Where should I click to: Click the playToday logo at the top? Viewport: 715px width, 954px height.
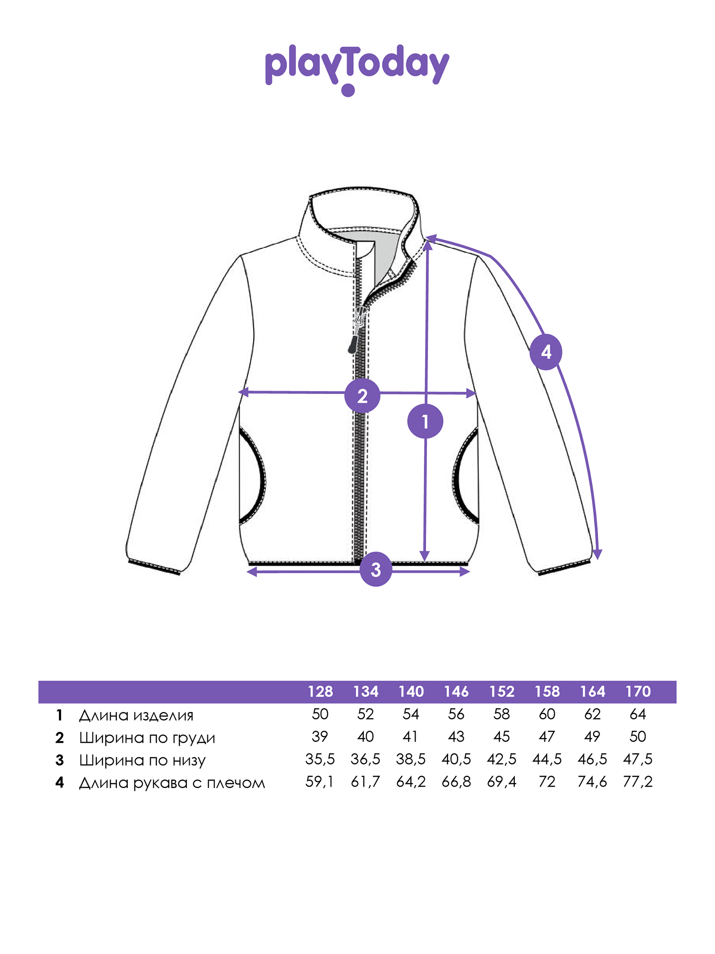(357, 70)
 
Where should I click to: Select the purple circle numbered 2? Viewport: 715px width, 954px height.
(362, 396)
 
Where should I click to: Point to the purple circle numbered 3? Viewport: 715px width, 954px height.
(376, 569)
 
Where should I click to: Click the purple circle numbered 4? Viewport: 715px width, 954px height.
(546, 352)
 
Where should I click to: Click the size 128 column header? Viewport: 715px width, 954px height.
(320, 692)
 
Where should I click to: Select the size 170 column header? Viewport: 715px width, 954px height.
(638, 692)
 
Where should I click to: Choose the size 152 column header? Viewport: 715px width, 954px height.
(502, 692)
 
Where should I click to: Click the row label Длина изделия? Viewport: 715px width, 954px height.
(136, 715)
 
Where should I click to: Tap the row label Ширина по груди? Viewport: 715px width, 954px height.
(147, 738)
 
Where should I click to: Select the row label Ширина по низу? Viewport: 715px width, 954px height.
(142, 760)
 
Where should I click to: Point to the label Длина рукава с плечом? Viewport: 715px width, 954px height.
(172, 783)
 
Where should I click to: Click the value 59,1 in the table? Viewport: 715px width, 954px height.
(320, 782)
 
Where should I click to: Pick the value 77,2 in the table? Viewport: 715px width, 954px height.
(638, 782)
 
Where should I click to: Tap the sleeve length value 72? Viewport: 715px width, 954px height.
(547, 782)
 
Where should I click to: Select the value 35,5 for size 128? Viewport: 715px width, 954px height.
(320, 759)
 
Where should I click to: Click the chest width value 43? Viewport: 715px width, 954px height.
(456, 737)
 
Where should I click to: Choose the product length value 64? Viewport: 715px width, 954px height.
(638, 715)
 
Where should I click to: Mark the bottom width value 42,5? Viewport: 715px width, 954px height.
(502, 759)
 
